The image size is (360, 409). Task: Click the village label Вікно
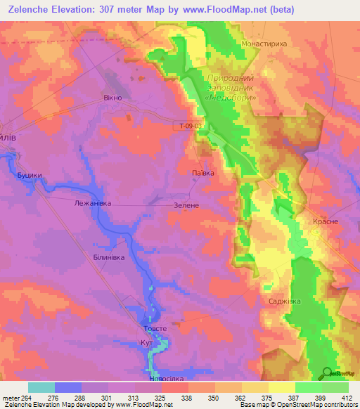click(113, 98)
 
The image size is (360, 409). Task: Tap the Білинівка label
click(109, 258)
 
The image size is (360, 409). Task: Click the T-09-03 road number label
click(190, 126)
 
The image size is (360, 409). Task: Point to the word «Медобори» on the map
click(226, 99)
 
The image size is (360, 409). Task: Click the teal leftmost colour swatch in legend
click(41, 387)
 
